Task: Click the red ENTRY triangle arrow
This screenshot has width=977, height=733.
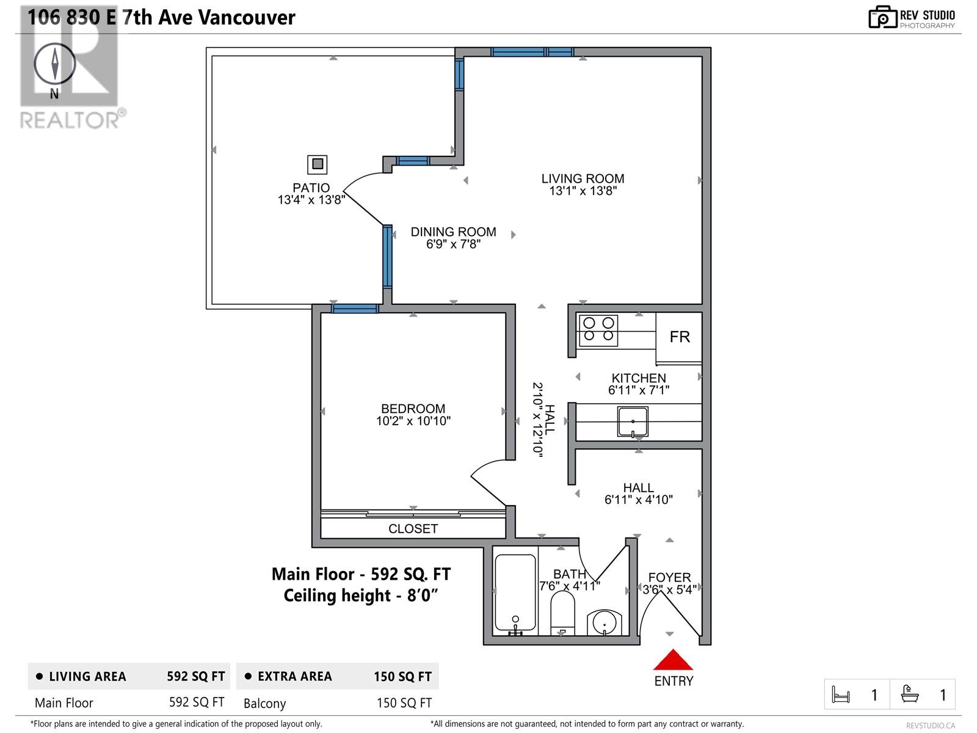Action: [x=673, y=661]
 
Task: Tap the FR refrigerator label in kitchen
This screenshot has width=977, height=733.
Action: [x=680, y=337]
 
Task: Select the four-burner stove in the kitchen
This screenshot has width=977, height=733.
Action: [x=598, y=330]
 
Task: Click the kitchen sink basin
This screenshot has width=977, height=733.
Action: [x=633, y=421]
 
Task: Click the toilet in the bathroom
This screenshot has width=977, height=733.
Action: [x=562, y=613]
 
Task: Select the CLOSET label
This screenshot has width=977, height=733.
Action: [x=413, y=529]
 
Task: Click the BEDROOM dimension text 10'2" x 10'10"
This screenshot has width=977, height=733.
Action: [x=413, y=421]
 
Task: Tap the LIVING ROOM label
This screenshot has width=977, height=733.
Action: [x=583, y=178]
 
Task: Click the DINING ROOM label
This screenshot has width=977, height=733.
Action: [x=453, y=232]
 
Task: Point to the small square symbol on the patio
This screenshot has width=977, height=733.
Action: [x=317, y=164]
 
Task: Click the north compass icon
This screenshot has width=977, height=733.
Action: [x=55, y=64]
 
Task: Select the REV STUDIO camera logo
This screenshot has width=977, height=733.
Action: [x=882, y=18]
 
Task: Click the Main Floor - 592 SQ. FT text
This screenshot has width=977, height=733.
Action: [x=361, y=574]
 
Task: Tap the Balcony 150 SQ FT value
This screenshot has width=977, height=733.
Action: [x=404, y=703]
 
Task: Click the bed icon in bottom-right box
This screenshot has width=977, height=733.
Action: [x=841, y=695]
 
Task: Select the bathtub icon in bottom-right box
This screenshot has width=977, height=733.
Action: [x=910, y=695]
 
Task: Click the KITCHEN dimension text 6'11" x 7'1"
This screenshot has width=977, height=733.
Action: [x=639, y=390]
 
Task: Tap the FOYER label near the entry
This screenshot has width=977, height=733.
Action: [x=669, y=577]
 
